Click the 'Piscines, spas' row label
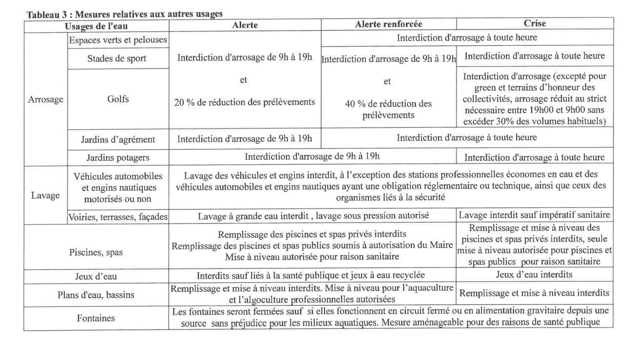96,253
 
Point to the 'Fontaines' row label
96,319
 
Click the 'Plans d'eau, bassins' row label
96,294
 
